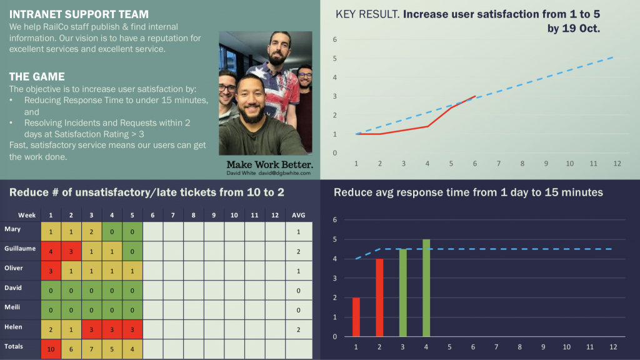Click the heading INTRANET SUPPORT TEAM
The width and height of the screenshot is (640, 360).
tap(79, 14)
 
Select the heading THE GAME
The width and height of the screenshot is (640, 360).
tap(37, 76)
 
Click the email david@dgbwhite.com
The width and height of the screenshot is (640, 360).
tap(286, 173)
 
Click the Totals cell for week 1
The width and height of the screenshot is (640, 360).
tap(51, 349)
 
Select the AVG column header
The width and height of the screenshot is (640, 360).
tap(299, 215)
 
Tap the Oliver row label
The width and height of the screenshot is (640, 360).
tap(16, 268)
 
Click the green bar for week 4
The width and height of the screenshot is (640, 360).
tap(426, 287)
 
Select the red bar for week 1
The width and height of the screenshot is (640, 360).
tap(356, 317)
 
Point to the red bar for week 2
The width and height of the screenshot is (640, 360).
tap(379, 297)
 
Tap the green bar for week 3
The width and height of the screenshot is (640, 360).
tap(403, 292)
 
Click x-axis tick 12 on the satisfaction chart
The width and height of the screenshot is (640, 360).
tap(617, 164)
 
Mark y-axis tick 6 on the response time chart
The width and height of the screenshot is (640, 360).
tap(335, 220)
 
